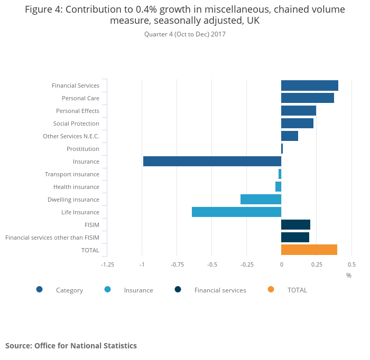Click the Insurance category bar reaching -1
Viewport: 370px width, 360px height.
pos(212,162)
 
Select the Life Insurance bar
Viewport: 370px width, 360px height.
pos(236,212)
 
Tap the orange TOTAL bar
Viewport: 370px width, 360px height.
pos(309,250)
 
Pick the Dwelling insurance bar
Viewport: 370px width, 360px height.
pos(261,200)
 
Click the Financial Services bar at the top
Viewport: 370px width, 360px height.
pos(310,86)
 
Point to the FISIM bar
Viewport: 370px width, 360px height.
pos(295,225)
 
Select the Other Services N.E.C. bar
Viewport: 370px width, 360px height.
pos(290,136)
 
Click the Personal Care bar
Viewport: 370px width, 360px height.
pos(308,98)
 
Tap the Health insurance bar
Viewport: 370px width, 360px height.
pos(278,187)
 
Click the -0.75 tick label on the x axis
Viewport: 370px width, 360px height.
pos(177,264)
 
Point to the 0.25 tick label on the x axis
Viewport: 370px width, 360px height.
pos(316,264)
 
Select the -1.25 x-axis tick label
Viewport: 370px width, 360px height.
pos(107,264)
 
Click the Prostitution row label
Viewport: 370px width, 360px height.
pos(82,149)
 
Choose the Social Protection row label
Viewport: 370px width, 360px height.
pos(76,124)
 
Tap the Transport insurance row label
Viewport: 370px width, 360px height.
pos(72,174)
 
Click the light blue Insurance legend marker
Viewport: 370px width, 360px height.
pos(108,289)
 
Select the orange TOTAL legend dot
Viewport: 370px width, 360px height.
pos(271,289)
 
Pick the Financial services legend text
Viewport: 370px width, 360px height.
pos(220,290)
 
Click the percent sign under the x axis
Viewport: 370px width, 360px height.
pos(349,276)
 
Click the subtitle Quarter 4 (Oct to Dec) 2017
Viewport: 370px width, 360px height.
pos(185,34)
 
